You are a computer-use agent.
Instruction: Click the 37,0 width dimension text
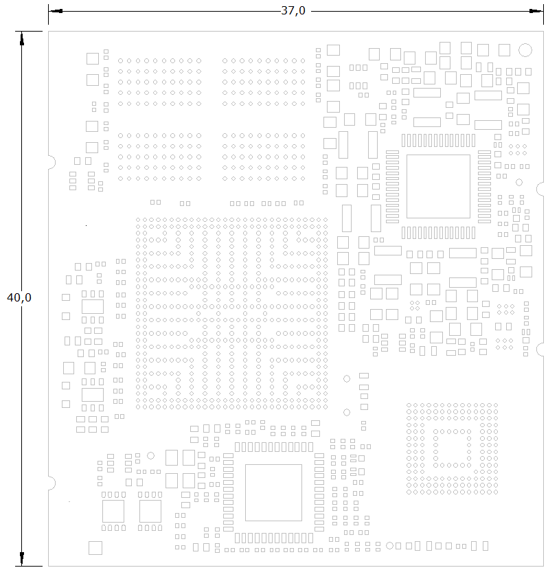click(x=293, y=10)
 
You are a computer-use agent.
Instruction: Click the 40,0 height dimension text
click(x=19, y=297)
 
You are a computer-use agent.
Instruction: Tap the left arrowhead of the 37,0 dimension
click(x=56, y=11)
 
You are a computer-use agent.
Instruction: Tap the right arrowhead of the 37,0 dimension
click(x=537, y=11)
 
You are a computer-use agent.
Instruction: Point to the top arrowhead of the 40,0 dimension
click(x=22, y=38)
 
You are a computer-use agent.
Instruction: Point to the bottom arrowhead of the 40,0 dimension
click(x=22, y=559)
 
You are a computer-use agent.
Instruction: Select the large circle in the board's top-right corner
click(x=525, y=50)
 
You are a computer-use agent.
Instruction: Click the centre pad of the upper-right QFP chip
click(x=438, y=187)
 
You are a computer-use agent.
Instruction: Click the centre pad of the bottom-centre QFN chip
click(x=273, y=492)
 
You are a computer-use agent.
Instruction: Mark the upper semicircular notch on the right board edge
click(x=540, y=189)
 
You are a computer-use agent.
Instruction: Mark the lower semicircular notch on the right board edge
click(x=540, y=350)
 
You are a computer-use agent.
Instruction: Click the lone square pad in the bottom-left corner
click(x=95, y=548)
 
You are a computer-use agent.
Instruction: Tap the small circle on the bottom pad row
click(x=389, y=546)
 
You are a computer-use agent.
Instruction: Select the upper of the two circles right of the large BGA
click(x=347, y=379)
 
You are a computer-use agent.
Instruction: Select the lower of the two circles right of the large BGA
click(x=347, y=412)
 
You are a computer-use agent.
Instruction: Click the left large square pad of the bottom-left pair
click(x=113, y=511)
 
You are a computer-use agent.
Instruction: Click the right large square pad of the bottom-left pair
click(x=150, y=511)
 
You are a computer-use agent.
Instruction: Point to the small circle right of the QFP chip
click(x=519, y=182)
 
